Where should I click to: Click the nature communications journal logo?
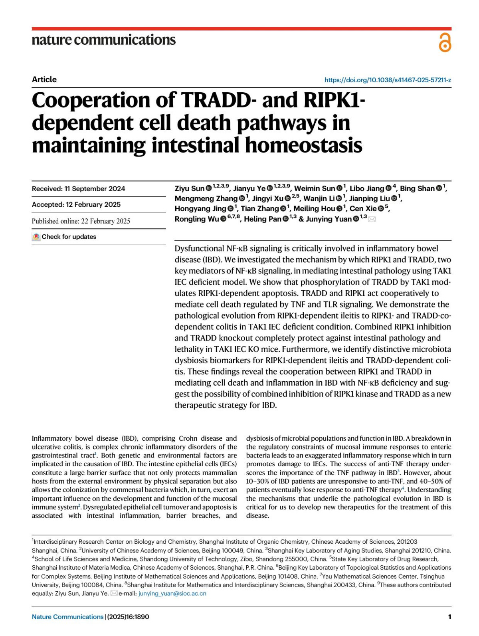[103, 40]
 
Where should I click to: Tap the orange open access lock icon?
[445, 43]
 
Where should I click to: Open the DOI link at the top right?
[388, 80]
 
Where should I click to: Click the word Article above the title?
[44, 79]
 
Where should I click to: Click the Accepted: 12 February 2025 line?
[76, 204]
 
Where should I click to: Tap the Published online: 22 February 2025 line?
[81, 221]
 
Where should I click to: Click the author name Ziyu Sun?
[189, 188]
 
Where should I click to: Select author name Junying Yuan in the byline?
[329, 219]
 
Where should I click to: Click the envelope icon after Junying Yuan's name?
[372, 219]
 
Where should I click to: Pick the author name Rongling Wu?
[196, 219]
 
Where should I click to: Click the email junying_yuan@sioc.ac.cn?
[172, 594]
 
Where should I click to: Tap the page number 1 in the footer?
[449, 617]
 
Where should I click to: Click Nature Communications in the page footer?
[67, 617]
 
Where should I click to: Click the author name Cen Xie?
[363, 208]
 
